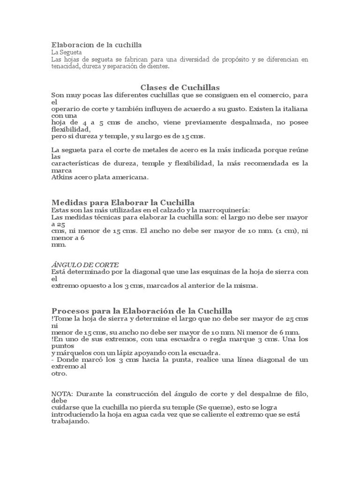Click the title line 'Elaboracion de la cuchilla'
click(x=96, y=45)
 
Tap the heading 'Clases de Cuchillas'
click(x=180, y=87)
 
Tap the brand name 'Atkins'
click(x=61, y=177)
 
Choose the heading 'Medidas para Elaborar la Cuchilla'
click(x=123, y=202)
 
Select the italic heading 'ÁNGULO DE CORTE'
click(x=84, y=264)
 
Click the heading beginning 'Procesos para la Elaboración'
click(x=142, y=311)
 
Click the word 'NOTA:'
click(x=61, y=394)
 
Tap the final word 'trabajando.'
click(x=70, y=421)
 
